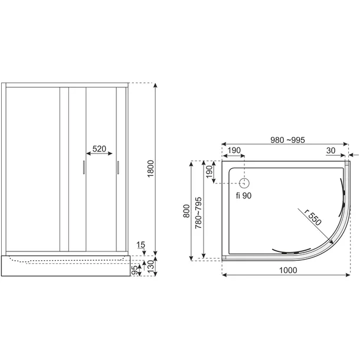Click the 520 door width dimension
tap(99, 149)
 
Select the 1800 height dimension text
tap(150, 169)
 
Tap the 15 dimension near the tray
tap(140, 245)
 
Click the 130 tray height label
tap(150, 266)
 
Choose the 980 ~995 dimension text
tap(287, 140)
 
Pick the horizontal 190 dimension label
tap(234, 150)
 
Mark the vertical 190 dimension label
tap(209, 172)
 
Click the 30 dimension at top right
tap(330, 150)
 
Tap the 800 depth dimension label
tap(186, 211)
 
